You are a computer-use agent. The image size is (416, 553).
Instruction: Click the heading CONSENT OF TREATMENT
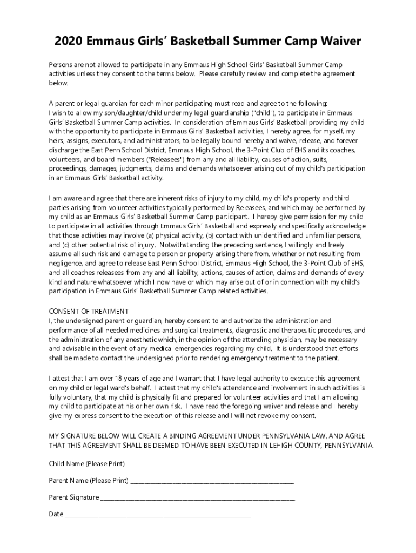click(89, 311)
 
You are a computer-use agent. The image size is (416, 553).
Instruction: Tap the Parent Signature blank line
click(198, 497)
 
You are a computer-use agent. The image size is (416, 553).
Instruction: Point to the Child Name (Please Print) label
click(87, 464)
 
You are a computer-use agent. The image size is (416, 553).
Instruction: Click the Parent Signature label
click(74, 497)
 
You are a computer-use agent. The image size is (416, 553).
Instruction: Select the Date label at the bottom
click(56, 514)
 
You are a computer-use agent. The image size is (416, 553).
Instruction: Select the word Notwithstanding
click(184, 245)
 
